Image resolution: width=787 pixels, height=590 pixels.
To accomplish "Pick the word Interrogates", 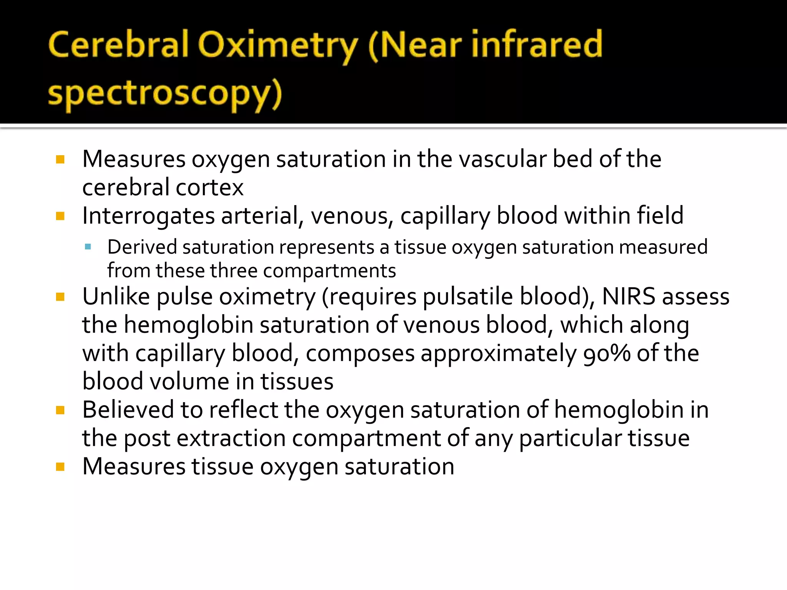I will [148, 216].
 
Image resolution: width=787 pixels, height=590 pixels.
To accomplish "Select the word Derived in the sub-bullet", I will [142, 247].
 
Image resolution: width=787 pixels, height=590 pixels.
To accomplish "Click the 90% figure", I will [607, 353].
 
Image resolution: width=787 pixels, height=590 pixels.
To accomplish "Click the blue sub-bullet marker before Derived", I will [88, 247].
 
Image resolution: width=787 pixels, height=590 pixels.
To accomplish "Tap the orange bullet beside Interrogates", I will [60, 216].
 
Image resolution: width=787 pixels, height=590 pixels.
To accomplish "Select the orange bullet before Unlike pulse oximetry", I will [60, 297].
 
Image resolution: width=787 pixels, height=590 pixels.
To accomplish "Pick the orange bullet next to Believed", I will [60, 410].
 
